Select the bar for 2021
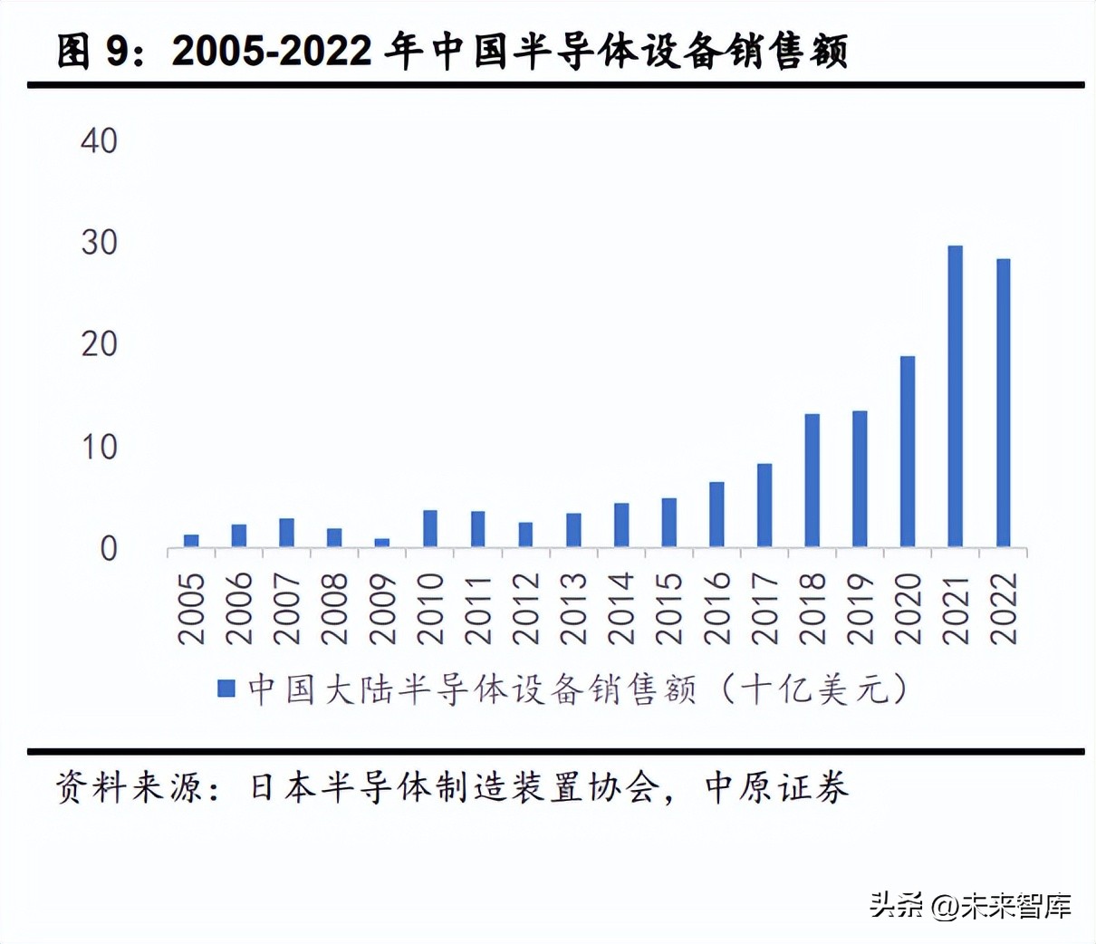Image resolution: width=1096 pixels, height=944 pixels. [955, 396]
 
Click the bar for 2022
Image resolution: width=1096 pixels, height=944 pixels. [1003, 402]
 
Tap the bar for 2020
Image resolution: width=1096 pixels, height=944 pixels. [907, 451]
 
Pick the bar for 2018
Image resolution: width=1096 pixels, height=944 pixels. [812, 480]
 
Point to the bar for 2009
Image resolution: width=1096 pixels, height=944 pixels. [382, 543]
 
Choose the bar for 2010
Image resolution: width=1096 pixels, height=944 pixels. [430, 528]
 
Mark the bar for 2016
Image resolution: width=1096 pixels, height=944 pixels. [716, 514]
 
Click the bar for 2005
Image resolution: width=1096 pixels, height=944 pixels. [191, 541]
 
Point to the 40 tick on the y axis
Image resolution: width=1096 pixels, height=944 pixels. [100, 140]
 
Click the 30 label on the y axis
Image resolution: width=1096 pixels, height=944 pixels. [100, 243]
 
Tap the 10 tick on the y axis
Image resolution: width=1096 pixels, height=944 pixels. [100, 447]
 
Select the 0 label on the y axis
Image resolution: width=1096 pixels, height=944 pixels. [109, 549]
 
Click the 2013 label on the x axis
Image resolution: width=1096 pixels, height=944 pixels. [573, 608]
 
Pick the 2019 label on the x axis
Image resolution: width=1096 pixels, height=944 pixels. [860, 608]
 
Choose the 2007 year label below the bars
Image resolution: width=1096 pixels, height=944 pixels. [286, 608]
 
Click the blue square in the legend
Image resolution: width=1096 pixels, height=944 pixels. [226, 689]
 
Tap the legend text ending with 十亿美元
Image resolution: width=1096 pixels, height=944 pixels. [577, 689]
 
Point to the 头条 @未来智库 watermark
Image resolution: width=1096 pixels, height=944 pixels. [970, 905]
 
